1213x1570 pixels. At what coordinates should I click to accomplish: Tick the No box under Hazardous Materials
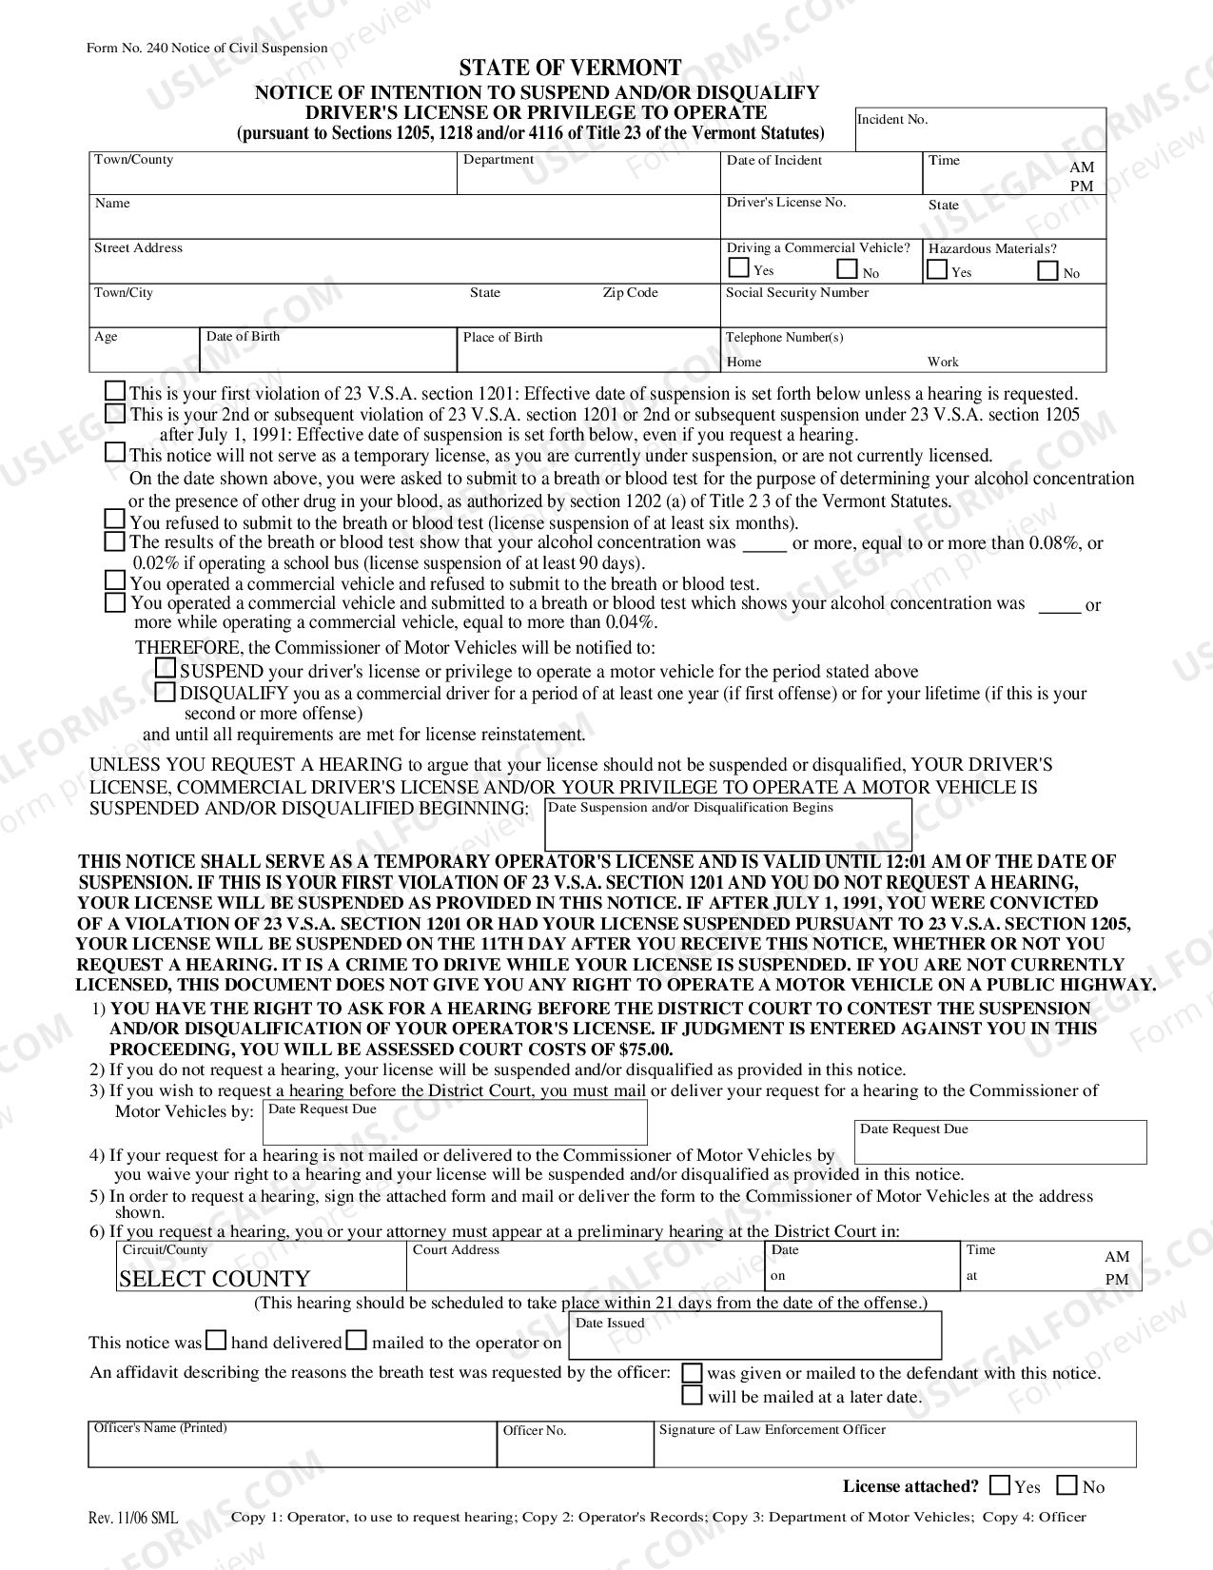click(x=1047, y=271)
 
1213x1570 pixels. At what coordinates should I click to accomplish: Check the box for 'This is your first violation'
click(x=115, y=391)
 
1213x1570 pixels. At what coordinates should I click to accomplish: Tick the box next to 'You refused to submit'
click(x=115, y=520)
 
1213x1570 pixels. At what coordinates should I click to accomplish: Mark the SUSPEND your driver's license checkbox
click(x=166, y=669)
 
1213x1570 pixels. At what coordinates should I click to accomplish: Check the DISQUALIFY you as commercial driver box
click(x=166, y=692)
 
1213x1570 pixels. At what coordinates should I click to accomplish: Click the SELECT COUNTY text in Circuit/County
click(x=215, y=1278)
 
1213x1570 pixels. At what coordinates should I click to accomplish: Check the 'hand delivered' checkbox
click(x=217, y=1341)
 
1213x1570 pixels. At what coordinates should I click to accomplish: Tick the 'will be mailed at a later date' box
click(x=694, y=1396)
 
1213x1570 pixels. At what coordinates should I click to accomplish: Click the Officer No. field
click(x=574, y=1450)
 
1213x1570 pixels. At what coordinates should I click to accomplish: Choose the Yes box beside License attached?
click(x=1000, y=1485)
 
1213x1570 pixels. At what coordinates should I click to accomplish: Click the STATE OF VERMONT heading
click(x=570, y=69)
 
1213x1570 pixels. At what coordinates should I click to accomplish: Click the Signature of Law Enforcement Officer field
click(x=894, y=1450)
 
